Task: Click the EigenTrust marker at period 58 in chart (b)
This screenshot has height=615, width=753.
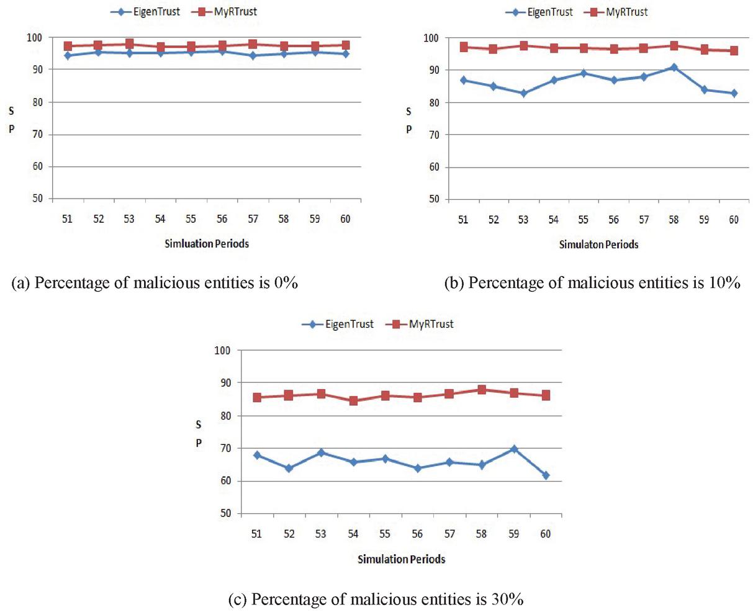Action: click(x=674, y=67)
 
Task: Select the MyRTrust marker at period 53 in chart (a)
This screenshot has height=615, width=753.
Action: click(x=129, y=44)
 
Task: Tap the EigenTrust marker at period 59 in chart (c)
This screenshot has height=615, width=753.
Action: click(x=514, y=449)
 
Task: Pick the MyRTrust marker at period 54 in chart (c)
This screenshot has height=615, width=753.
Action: click(x=353, y=401)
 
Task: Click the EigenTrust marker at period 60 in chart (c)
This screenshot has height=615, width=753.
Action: click(x=546, y=475)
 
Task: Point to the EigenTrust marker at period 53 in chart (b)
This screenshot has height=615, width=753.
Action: click(x=523, y=93)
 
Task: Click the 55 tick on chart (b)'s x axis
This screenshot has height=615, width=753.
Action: click(x=583, y=220)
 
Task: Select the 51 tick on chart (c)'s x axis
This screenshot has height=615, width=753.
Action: click(x=256, y=534)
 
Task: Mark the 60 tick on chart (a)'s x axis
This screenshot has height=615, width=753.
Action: click(x=345, y=219)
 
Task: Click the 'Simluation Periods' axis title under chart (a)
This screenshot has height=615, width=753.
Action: click(x=207, y=244)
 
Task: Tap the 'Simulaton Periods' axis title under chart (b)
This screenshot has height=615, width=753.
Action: click(x=598, y=245)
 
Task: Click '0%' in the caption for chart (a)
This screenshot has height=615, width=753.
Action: click(x=287, y=283)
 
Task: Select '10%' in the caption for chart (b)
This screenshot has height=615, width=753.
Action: click(x=725, y=283)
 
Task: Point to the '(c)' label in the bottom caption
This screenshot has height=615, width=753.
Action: click(x=239, y=599)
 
